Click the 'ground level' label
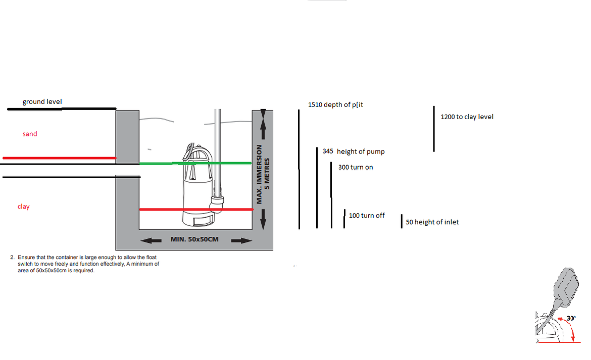coord(42,101)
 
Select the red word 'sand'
coord(30,134)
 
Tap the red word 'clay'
coord(23,207)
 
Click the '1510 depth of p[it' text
coord(335,105)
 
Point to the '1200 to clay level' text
coord(467,117)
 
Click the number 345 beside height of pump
coord(328,151)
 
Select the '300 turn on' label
coord(356,167)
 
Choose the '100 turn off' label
coord(367,216)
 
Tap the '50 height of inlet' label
coord(432,222)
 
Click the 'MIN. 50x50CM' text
coord(194,239)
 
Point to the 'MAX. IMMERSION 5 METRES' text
coord(263,174)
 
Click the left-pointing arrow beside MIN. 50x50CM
coord(151,240)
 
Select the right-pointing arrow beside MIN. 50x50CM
coord(241,240)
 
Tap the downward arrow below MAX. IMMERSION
coord(263,219)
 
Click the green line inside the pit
coord(195,163)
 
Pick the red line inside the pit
coord(196,209)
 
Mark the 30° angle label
coord(571,318)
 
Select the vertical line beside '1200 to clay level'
coord(434,129)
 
